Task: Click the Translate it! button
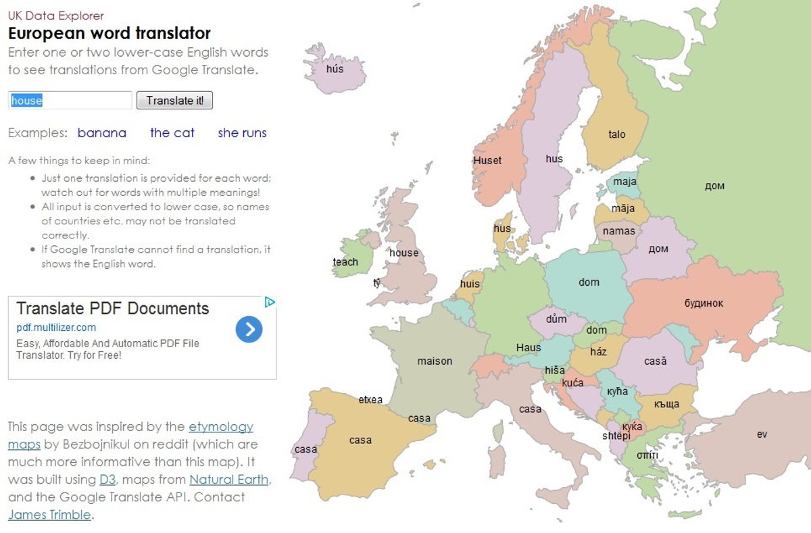(174, 101)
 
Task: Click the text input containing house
(70, 101)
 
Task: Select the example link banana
(102, 133)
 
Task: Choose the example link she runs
(242, 133)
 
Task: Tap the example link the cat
(172, 133)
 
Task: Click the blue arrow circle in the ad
(249, 329)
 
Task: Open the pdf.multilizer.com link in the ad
(56, 328)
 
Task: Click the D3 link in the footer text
(107, 480)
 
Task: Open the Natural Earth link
(229, 480)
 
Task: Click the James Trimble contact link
(49, 515)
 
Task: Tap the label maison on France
(435, 361)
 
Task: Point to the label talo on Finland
(616, 134)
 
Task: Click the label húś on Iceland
(335, 69)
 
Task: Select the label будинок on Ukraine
(704, 303)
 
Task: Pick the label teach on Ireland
(345, 262)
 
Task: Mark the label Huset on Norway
(487, 160)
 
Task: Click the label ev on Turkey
(762, 434)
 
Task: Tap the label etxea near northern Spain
(370, 399)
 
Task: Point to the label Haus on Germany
(529, 348)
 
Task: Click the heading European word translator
(109, 33)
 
